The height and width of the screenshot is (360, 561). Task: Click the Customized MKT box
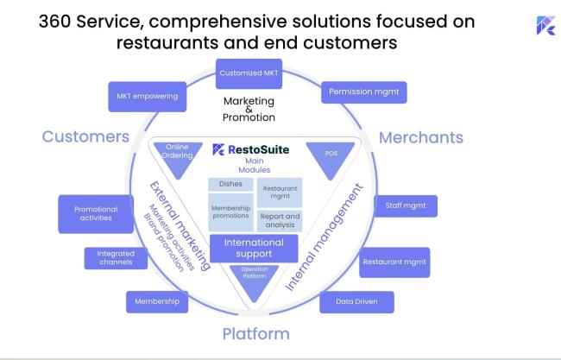[x=249, y=73]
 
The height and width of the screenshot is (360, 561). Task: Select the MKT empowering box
[x=148, y=97]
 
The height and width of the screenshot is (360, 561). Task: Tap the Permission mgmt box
[x=364, y=92]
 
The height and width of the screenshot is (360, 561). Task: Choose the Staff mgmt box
[x=406, y=206]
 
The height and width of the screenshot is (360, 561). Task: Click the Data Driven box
[x=356, y=302]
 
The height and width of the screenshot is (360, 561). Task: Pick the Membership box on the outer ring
[x=157, y=302]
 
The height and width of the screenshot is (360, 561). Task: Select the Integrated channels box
[x=116, y=258]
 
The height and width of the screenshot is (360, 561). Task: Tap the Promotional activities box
[x=96, y=214]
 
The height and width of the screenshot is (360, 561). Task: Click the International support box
[x=254, y=249]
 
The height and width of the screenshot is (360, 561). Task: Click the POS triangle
[x=331, y=158]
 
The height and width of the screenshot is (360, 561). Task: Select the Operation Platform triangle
[x=254, y=280]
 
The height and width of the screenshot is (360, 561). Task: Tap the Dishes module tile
[x=230, y=184]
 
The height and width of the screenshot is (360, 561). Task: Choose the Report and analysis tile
[x=280, y=221]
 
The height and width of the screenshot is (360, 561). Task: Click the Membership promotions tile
[x=230, y=212]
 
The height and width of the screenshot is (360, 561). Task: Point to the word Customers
[x=85, y=136]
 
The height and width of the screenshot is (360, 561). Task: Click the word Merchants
[x=421, y=138]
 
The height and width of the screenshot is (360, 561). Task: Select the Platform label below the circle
[x=255, y=334]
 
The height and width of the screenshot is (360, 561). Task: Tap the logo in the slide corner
[x=546, y=25]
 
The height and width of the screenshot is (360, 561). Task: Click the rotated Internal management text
[x=325, y=237]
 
